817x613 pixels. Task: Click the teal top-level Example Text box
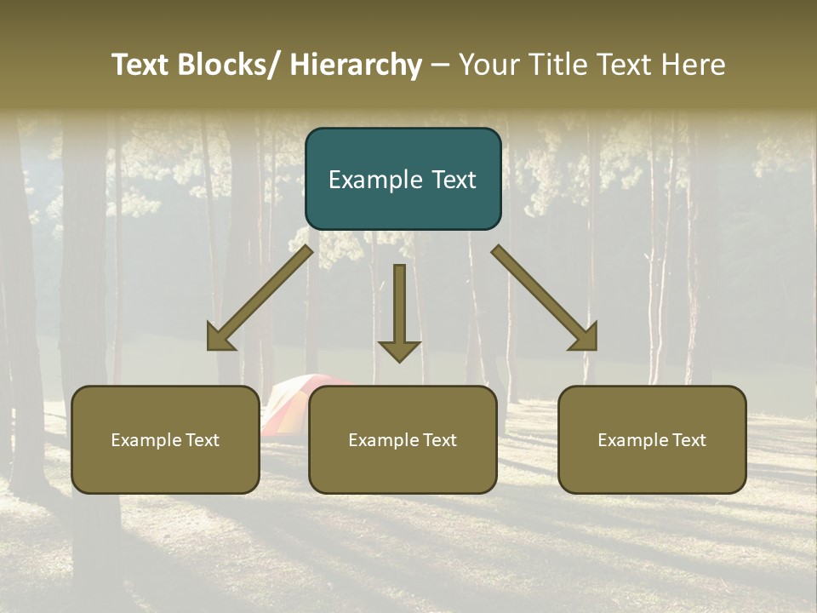(403, 179)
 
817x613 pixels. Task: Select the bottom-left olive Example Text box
(165, 439)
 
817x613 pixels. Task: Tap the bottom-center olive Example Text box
(403, 439)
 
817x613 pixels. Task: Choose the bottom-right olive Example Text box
(652, 439)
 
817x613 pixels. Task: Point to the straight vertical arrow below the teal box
(399, 312)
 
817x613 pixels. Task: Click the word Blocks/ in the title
(227, 65)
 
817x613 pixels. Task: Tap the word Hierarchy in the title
(356, 65)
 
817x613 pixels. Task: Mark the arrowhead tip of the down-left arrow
(209, 348)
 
